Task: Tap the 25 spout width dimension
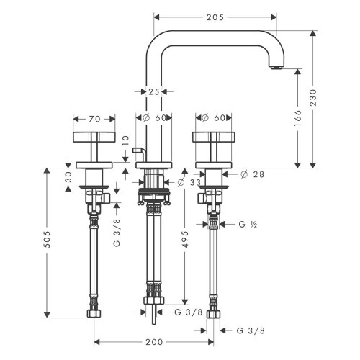tap(153, 91)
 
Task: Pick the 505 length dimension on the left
tap(48, 243)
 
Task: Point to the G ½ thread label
tap(247, 224)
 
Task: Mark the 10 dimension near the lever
tap(125, 140)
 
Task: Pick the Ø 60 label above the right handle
tap(212, 117)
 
